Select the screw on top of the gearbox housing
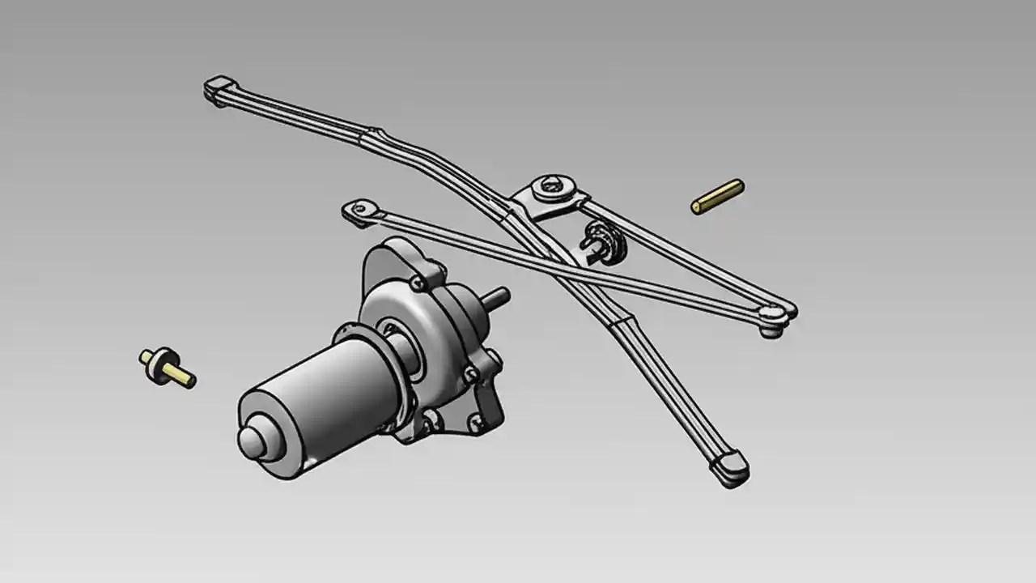(418, 283)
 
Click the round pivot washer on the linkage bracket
(553, 187)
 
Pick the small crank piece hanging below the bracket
(601, 242)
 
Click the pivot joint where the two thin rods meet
(773, 314)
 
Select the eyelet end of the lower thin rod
(356, 210)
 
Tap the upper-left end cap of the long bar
(219, 87)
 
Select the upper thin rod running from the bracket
(688, 251)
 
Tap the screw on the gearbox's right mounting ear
(469, 372)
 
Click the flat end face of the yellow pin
(696, 207)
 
